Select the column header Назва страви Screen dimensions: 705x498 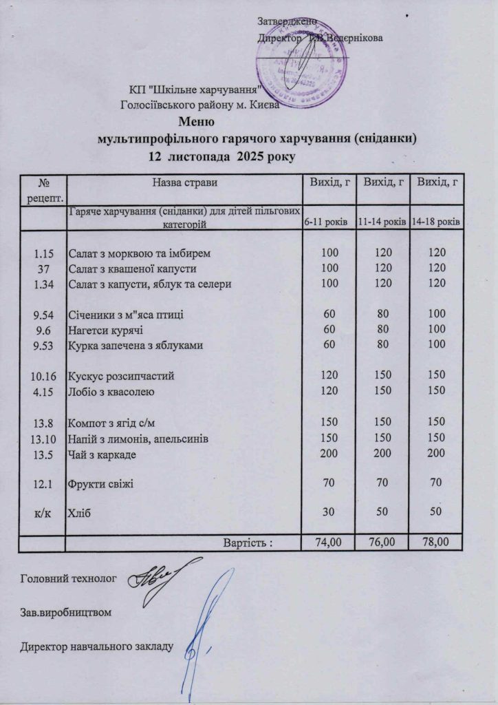(x=185, y=182)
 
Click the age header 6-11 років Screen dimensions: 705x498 (x=327, y=222)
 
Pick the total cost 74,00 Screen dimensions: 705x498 (x=327, y=543)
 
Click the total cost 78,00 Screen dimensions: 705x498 (x=435, y=543)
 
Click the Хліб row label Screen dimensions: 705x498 (x=79, y=513)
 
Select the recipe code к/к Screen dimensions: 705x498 (x=44, y=513)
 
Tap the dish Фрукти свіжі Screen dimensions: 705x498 (x=100, y=485)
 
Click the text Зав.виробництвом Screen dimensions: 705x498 (x=66, y=611)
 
